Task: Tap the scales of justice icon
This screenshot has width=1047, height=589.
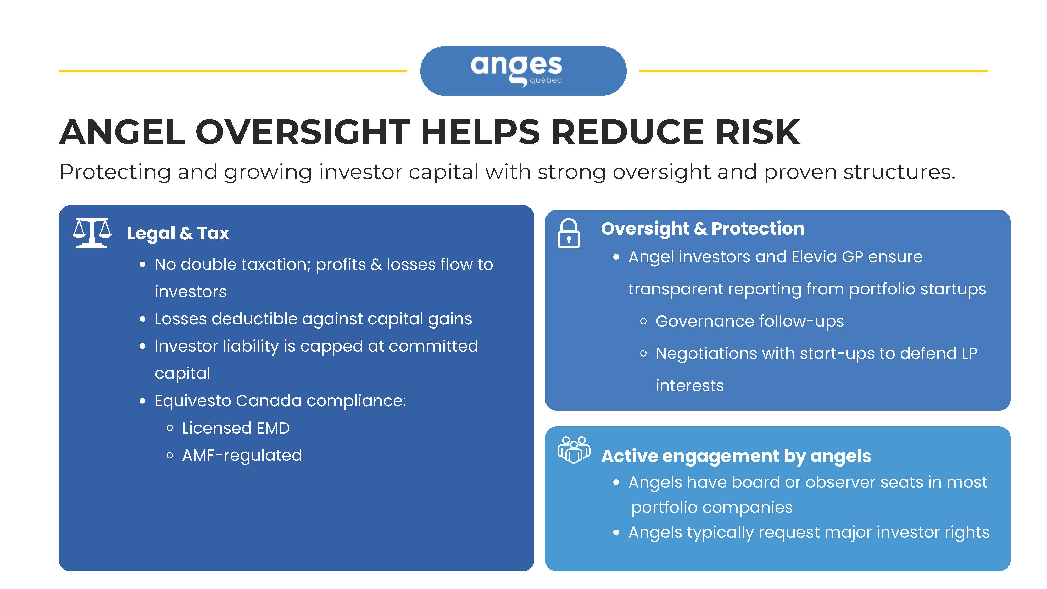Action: (92, 233)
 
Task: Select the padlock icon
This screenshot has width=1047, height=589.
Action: (569, 233)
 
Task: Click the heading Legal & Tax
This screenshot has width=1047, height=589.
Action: (178, 233)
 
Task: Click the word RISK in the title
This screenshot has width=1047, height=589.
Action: (757, 132)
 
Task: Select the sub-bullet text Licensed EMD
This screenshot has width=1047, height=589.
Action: (236, 428)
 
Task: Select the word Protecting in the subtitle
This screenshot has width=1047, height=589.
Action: (115, 172)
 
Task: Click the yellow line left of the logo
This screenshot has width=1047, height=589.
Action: (233, 71)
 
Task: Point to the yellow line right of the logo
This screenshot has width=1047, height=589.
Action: (814, 71)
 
